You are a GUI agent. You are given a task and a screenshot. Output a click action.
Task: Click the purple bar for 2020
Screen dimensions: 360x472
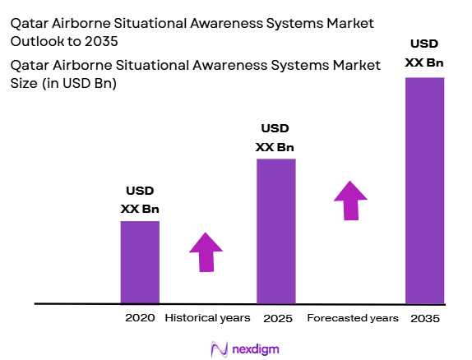140,261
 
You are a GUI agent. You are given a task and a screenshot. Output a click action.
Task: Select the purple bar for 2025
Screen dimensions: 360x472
275,230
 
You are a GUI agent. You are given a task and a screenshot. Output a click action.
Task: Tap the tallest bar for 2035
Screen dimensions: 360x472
424,189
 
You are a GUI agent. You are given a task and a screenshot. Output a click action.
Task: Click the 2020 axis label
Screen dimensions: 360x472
140,318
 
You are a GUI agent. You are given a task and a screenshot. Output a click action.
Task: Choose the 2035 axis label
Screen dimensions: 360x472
424,318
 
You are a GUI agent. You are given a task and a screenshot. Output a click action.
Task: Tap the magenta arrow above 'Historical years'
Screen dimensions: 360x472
206,251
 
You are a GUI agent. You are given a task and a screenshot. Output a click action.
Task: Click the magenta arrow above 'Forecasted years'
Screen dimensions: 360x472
351,201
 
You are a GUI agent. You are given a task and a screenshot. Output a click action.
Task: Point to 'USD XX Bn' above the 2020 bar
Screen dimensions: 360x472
140,201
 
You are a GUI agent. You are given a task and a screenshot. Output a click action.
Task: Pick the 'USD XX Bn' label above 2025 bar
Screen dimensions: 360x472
275,138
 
